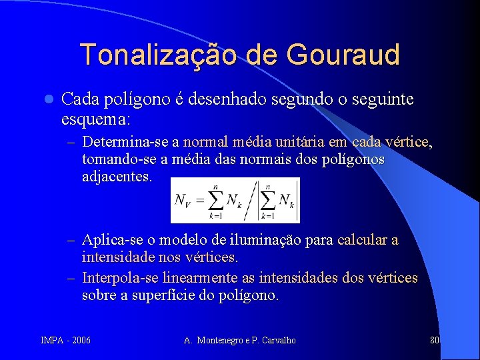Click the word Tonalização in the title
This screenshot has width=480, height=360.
point(157,54)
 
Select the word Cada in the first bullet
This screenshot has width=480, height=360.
point(81,100)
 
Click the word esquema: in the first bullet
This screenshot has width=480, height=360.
point(96,119)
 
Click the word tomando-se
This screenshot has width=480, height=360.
point(115,160)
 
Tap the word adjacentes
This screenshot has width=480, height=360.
point(117,178)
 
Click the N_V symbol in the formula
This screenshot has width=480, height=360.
point(184,200)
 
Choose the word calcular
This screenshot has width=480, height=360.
point(363,239)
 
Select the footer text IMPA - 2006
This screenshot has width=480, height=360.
point(66,341)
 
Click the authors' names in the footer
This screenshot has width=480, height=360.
point(240,341)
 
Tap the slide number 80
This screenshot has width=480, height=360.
point(435,341)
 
